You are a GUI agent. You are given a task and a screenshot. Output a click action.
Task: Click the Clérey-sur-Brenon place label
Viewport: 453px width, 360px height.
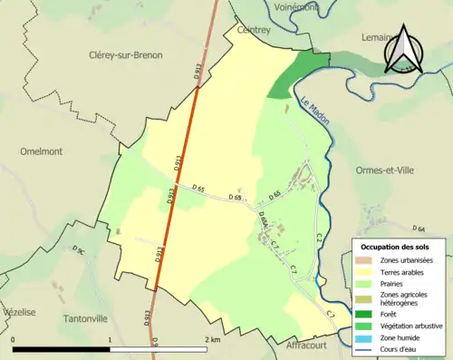pyautogui.click(x=126, y=55)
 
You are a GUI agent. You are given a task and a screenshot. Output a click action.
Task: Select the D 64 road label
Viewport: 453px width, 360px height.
pyautogui.click(x=419, y=229)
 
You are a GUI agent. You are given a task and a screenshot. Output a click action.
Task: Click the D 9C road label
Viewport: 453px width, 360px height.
pyautogui.click(x=79, y=248)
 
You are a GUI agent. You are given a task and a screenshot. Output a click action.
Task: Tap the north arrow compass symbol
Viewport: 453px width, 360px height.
pyautogui.click(x=402, y=50)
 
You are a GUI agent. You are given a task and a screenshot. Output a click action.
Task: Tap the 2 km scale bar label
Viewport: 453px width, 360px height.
pyautogui.click(x=213, y=339)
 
